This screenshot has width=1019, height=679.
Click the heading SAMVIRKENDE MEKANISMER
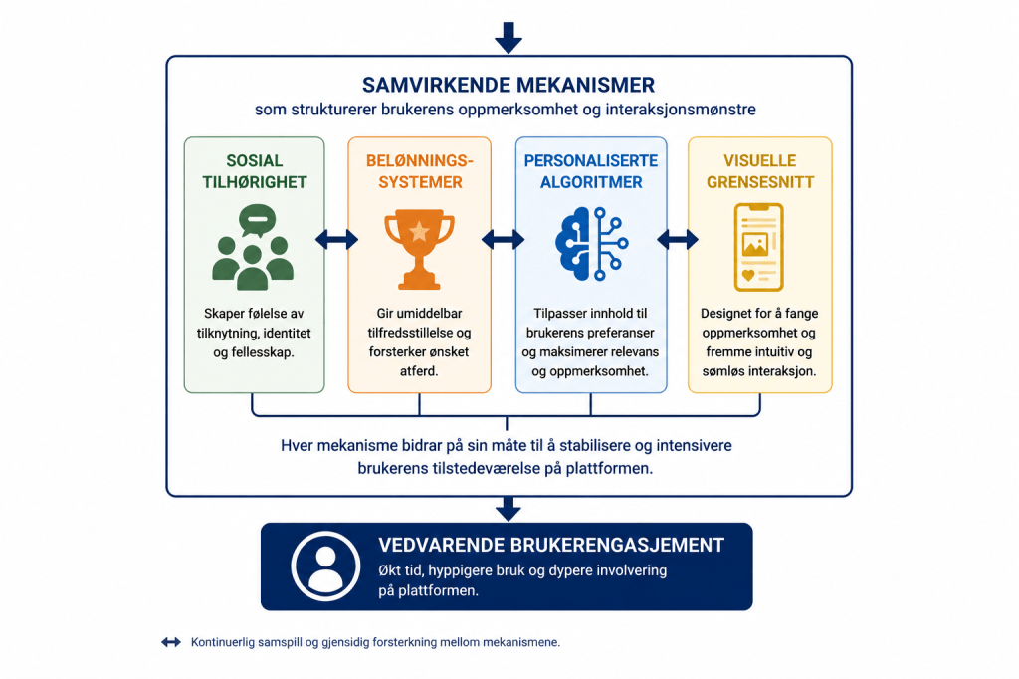pyautogui.click(x=509, y=85)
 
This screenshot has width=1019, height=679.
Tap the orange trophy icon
pyautogui.click(x=419, y=249)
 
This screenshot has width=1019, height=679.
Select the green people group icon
pyautogui.click(x=253, y=247)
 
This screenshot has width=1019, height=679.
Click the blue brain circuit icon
pyautogui.click(x=591, y=243)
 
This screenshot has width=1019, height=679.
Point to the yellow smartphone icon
pyautogui.click(x=758, y=247)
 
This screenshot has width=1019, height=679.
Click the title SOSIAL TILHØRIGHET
pyautogui.click(x=254, y=171)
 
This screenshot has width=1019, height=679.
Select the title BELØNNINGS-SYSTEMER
pyautogui.click(x=420, y=171)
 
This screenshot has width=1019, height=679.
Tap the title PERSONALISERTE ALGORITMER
pyautogui.click(x=591, y=171)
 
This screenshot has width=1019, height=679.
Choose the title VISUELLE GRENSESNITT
pyautogui.click(x=759, y=171)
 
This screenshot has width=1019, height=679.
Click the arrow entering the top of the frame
pyautogui.click(x=509, y=37)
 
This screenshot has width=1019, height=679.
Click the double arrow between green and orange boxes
pyautogui.click(x=336, y=239)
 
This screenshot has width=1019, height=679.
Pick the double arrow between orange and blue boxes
pyautogui.click(x=503, y=239)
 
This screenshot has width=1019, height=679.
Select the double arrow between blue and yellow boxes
pyautogui.click(x=677, y=239)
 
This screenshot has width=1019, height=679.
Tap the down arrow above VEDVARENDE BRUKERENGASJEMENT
pyautogui.click(x=509, y=509)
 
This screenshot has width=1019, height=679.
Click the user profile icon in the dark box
pyautogui.click(x=325, y=566)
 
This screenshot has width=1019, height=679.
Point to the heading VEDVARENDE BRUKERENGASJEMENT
pyautogui.click(x=551, y=545)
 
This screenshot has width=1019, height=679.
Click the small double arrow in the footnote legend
pyautogui.click(x=171, y=642)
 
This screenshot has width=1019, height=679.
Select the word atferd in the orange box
pyautogui.click(x=419, y=371)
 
